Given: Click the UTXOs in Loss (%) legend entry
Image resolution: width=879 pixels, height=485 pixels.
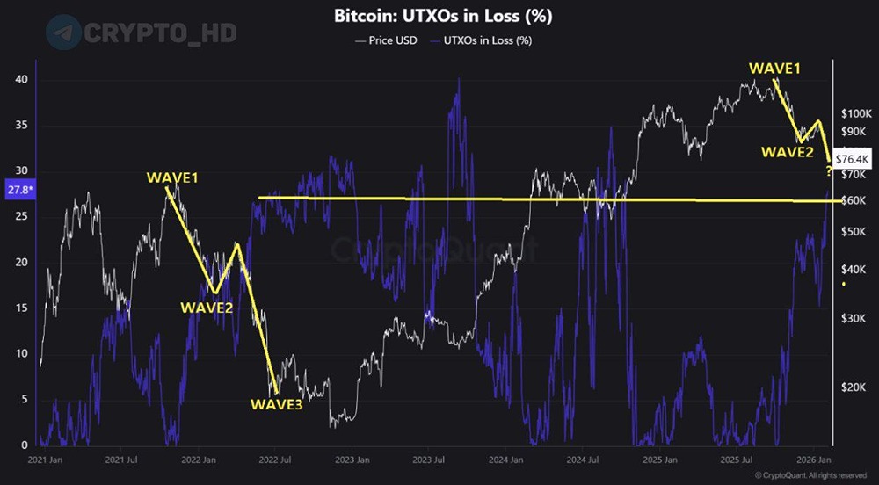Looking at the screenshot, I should point(490,40).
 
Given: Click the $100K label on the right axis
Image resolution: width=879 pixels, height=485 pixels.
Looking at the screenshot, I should point(854,114).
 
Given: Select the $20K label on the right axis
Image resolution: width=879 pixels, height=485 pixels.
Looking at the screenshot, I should point(856,387).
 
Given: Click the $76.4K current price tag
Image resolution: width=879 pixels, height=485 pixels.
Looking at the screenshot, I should point(852,159).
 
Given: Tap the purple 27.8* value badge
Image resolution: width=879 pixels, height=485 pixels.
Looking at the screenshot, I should point(18,189).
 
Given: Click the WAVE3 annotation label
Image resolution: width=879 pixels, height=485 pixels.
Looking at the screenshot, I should point(276,405).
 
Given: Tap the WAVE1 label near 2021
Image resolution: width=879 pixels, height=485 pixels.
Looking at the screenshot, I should point(172,178).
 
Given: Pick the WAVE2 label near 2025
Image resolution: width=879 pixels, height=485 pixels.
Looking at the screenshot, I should point(788,152).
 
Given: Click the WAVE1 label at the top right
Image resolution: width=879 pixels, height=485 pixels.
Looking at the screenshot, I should point(774,68).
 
